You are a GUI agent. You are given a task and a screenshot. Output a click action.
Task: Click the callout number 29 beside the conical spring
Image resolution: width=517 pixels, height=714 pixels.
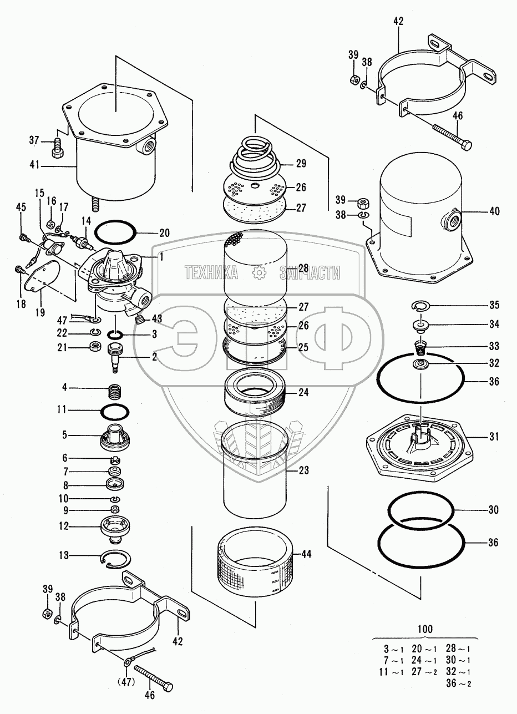click(301, 164)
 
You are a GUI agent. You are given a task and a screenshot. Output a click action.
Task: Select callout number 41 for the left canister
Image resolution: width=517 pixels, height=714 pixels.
click(34, 165)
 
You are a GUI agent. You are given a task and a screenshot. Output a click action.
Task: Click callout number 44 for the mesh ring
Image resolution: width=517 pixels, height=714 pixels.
click(306, 554)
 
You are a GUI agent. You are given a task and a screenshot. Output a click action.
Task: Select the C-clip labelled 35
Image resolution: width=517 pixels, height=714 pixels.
click(420, 306)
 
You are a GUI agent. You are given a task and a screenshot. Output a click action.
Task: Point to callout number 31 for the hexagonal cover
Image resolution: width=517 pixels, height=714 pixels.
click(494, 437)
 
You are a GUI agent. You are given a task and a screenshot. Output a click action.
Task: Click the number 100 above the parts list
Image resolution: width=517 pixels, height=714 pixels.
click(425, 629)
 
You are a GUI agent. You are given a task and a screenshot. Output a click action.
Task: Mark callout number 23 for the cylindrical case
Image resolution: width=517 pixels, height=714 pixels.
click(303, 470)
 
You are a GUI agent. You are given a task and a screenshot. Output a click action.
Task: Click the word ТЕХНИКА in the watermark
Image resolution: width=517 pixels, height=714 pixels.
click(211, 273)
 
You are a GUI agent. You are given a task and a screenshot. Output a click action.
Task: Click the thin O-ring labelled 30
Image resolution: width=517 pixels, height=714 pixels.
click(421, 509)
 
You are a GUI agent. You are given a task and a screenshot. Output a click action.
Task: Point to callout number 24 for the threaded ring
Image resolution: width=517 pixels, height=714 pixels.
click(303, 392)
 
